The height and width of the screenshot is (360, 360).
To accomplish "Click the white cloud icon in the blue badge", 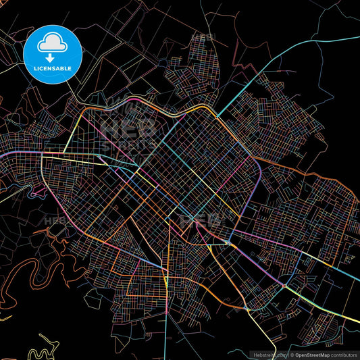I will click(52, 41).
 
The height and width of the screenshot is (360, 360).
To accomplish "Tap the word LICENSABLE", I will click(52, 68).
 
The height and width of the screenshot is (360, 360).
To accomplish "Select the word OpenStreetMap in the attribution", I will click(311, 354).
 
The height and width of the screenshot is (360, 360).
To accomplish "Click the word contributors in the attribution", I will click(342, 354).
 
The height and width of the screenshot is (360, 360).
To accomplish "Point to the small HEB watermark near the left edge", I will click(55, 221).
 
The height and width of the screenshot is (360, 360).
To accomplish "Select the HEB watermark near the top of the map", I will click(203, 38).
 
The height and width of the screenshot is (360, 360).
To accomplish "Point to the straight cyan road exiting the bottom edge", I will click(179, 338).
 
